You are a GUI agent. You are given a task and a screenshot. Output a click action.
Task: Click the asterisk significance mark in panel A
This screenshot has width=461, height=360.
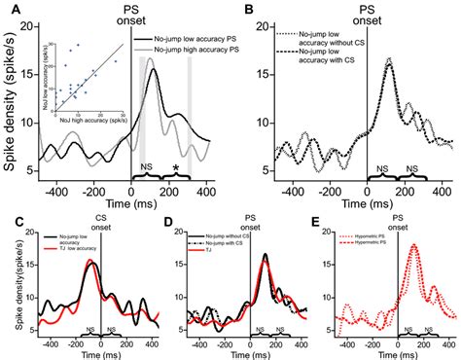click(175, 167)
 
